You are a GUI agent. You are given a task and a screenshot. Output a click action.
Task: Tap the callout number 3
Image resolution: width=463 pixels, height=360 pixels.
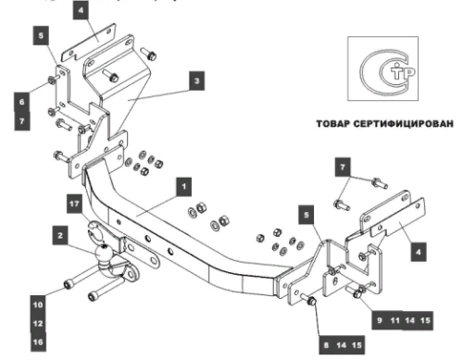(x=196, y=81)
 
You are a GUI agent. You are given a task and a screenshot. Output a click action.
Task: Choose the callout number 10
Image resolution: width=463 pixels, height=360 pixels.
(x=38, y=303)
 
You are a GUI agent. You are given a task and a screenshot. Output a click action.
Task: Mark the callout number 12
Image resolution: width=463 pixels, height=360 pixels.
(x=38, y=323)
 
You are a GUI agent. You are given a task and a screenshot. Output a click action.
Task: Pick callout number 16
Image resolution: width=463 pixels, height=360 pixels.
(x=38, y=342)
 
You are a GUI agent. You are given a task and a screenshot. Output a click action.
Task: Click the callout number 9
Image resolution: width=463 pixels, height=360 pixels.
(x=378, y=318)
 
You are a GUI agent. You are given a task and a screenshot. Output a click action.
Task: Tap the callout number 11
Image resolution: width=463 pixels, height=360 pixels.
(x=395, y=318)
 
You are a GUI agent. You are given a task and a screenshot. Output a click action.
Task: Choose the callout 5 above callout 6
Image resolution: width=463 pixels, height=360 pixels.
(x=41, y=37)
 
